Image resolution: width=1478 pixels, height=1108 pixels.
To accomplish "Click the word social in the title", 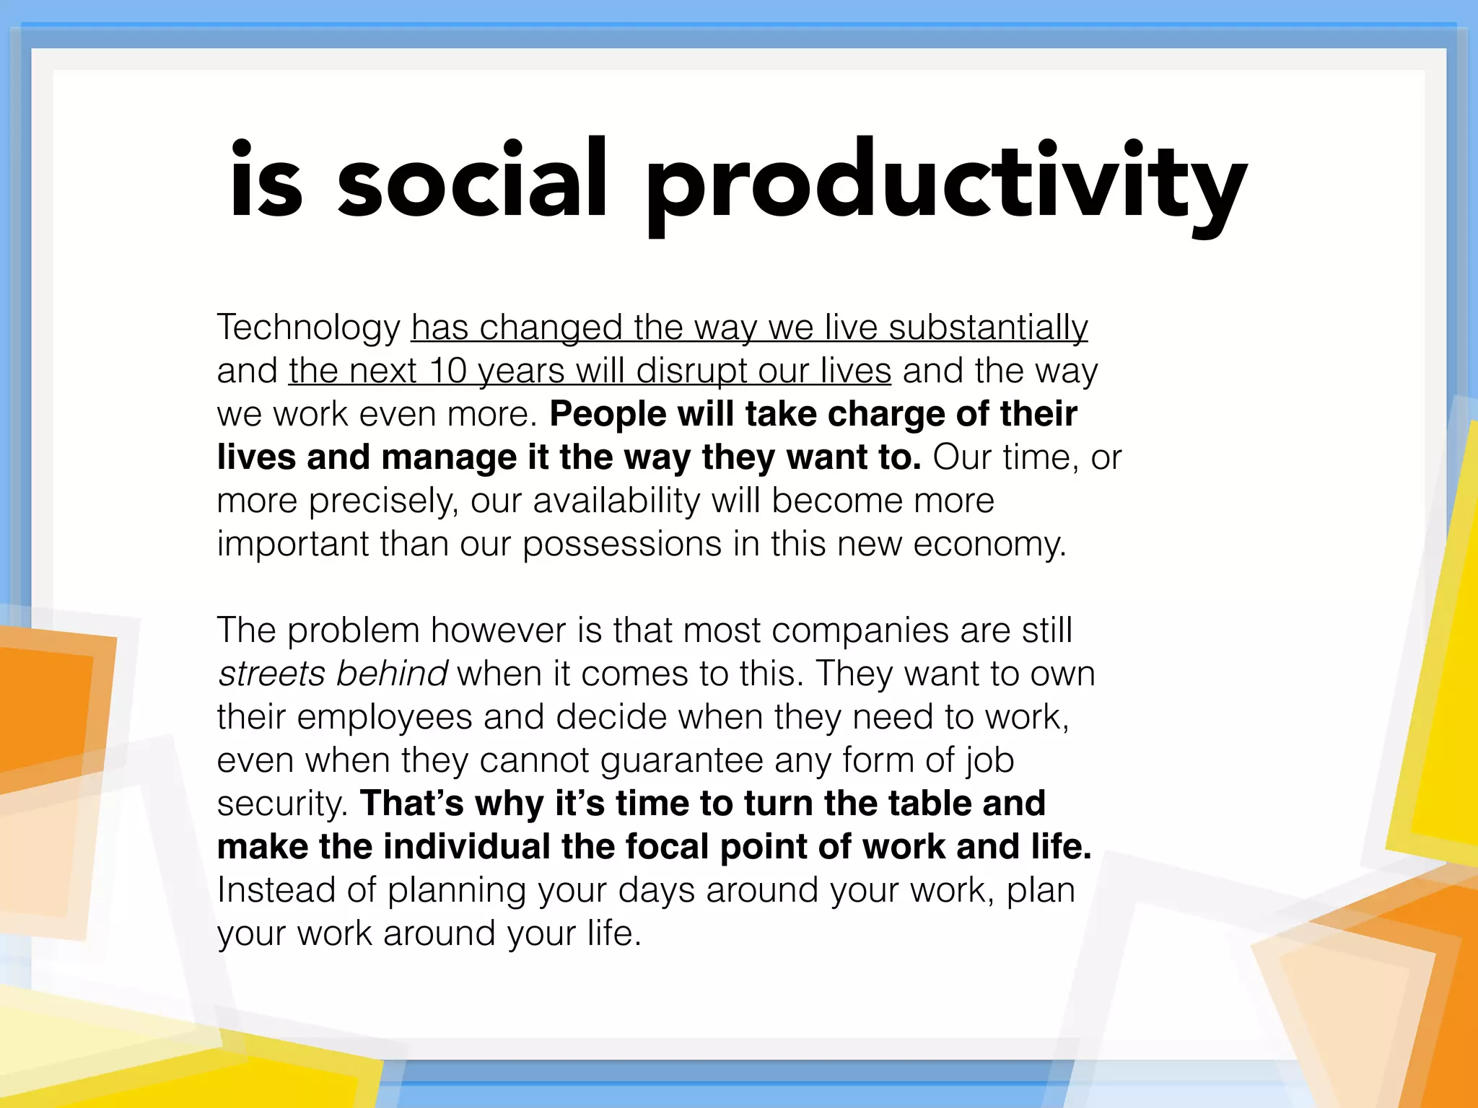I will click(473, 180).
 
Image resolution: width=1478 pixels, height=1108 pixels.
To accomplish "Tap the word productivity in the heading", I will click(945, 184).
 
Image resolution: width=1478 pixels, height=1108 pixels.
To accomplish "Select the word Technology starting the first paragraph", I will click(308, 328).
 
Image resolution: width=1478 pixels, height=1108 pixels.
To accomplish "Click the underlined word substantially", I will click(988, 328).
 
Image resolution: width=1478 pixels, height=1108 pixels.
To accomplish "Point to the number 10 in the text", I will click(447, 371).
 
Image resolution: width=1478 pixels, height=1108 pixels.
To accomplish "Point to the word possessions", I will click(621, 545).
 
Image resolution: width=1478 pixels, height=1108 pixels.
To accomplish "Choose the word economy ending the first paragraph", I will click(989, 545).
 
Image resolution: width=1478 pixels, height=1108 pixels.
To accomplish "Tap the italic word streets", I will click(271, 674).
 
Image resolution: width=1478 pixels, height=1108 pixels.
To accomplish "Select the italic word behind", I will click(391, 674).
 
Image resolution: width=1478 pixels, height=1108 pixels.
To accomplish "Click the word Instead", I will click(276, 890).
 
